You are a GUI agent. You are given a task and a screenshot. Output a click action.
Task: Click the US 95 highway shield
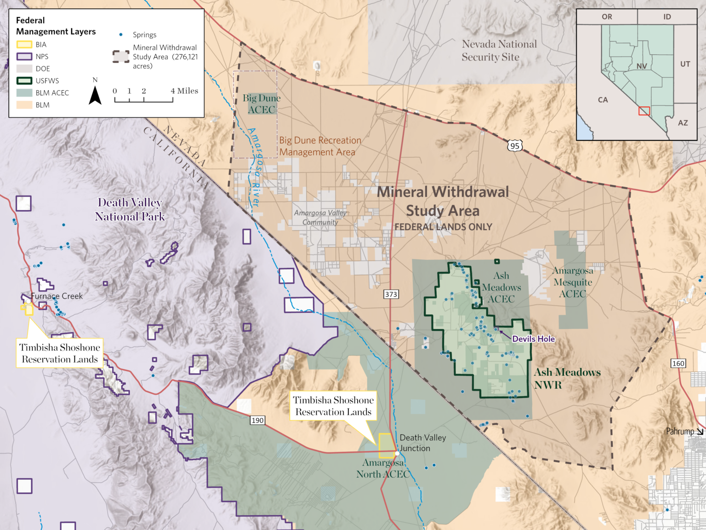(515, 146)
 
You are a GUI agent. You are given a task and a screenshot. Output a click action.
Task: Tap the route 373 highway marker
(391, 294)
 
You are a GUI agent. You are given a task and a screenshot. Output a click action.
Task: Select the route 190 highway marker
(257, 420)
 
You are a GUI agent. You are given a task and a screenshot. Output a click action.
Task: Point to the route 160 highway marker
(678, 363)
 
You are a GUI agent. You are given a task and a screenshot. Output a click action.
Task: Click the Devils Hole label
(533, 339)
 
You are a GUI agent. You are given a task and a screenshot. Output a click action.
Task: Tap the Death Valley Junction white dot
(397, 454)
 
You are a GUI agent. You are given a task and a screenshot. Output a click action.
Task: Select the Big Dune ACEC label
(261, 104)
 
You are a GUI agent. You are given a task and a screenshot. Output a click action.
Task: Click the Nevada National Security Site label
(499, 51)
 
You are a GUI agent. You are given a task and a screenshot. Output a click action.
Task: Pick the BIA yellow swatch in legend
(24, 45)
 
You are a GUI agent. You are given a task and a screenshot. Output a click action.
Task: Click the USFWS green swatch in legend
(24, 81)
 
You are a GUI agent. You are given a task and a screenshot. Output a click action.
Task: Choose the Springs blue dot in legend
(121, 35)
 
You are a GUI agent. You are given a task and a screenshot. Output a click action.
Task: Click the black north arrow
(95, 95)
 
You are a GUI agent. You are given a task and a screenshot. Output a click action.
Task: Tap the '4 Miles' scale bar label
(184, 91)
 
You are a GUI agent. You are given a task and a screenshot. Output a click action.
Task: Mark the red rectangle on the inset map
(644, 111)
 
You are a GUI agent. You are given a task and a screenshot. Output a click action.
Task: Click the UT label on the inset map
(685, 64)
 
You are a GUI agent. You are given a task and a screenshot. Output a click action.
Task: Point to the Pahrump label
(680, 431)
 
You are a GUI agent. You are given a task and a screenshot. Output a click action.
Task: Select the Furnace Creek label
(57, 296)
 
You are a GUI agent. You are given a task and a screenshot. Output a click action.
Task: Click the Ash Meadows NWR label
(567, 378)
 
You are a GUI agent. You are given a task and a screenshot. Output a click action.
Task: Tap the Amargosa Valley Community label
(320, 217)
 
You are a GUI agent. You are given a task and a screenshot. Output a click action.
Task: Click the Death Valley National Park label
(130, 209)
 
